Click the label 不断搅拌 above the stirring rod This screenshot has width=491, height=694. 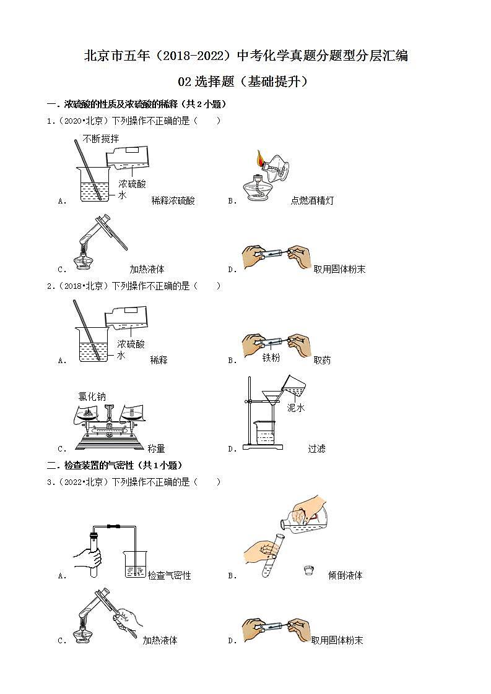(100, 139)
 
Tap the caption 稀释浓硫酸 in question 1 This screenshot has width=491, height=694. (173, 200)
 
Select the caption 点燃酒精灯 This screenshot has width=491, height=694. (312, 200)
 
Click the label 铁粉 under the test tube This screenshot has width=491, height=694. (271, 358)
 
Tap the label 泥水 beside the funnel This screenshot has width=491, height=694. (295, 408)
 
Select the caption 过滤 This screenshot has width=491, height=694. (316, 448)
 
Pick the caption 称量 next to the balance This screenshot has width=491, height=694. (156, 448)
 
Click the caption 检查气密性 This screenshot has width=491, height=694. (169, 575)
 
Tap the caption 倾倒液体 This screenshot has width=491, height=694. (345, 575)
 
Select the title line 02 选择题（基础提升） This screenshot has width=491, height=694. (245, 82)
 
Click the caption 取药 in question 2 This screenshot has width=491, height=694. (322, 360)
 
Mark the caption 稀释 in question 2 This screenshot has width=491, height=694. (159, 360)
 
